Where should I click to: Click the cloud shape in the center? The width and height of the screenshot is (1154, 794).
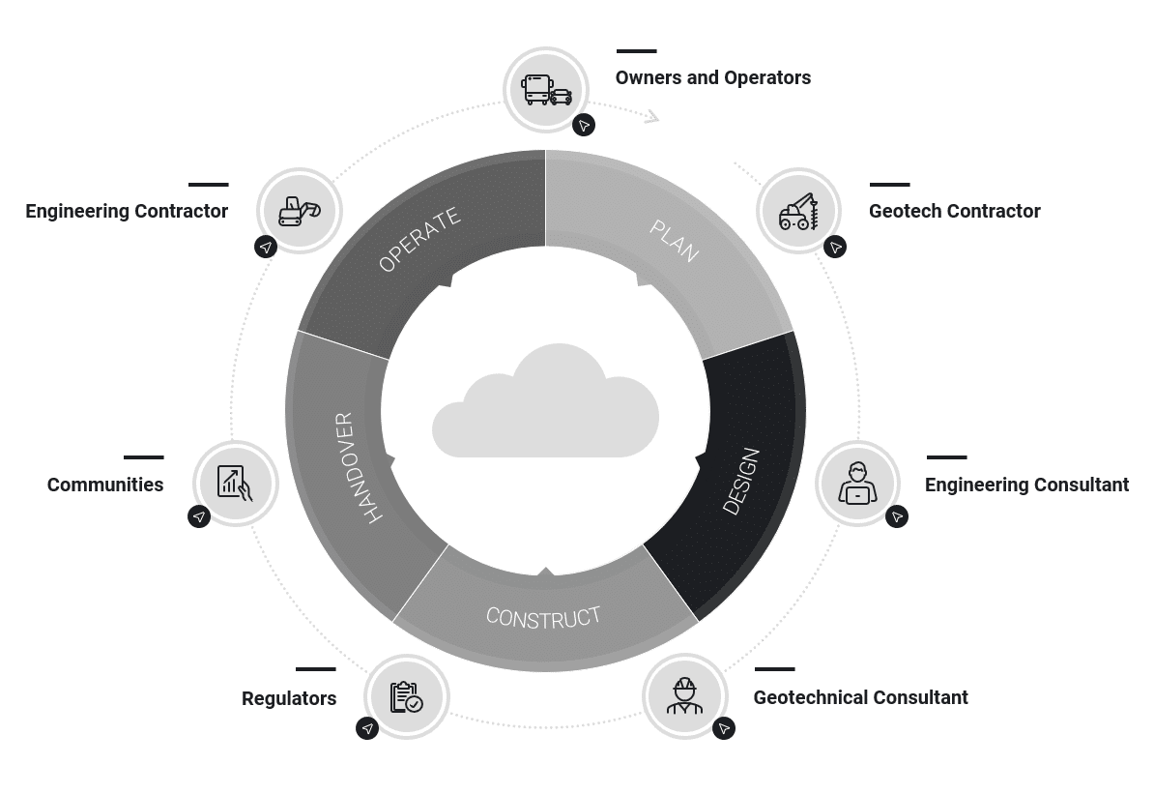pos(546,406)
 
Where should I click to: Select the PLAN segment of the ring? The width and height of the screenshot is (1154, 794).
pos(675,241)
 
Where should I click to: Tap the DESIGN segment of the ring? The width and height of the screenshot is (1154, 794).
pos(741,481)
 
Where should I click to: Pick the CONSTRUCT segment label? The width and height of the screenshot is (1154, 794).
pos(543,617)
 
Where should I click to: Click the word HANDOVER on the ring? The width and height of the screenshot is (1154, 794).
pos(359,468)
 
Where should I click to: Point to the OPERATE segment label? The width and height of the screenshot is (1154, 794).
pos(419,241)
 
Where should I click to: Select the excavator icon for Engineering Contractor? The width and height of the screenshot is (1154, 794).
pos(299,211)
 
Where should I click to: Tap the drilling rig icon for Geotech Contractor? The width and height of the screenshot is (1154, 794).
pos(799,212)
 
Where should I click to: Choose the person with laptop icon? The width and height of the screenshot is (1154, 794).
pos(857,484)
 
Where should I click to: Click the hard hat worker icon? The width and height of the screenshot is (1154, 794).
pos(684,696)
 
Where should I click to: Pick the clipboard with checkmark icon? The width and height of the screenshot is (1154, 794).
pos(407,697)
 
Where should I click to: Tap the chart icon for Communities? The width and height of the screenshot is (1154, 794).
pos(235,483)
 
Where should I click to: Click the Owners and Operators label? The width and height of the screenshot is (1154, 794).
pos(713,78)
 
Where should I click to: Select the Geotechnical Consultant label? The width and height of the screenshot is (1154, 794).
pos(860,697)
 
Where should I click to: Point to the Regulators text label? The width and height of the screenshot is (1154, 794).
pos(289,698)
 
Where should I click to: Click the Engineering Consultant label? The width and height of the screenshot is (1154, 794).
pos(1026,485)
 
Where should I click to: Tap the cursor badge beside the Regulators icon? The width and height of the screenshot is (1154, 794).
pos(367,728)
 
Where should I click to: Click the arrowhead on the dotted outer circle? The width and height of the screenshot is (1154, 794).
pos(651,117)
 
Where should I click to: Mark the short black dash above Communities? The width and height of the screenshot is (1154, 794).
pos(144,457)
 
